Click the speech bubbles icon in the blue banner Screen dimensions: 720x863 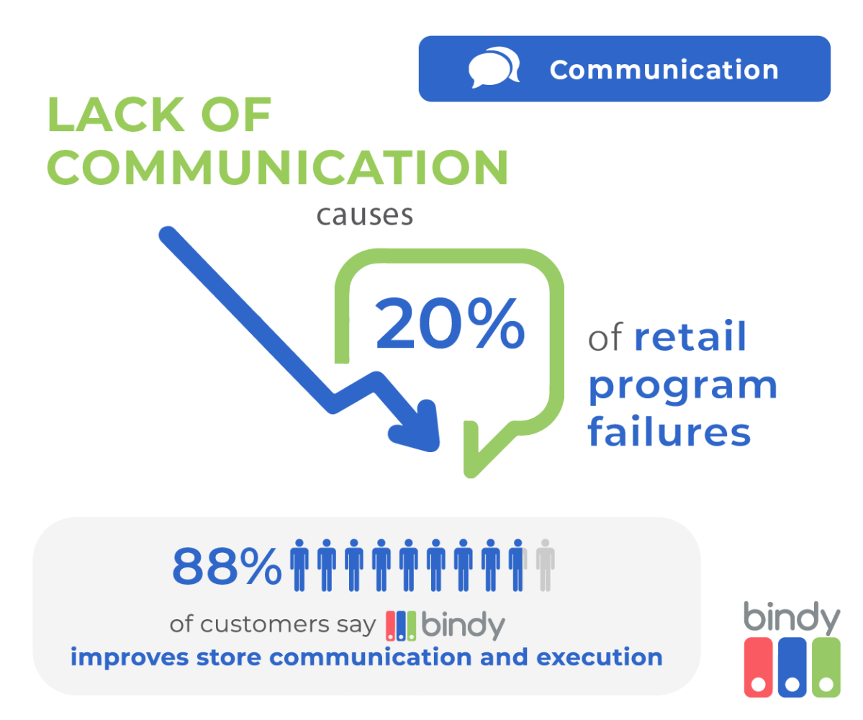click(x=494, y=69)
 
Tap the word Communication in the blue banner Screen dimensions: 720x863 click(x=664, y=70)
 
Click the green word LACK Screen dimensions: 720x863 click(x=159, y=114)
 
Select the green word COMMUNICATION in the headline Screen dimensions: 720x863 click(x=278, y=166)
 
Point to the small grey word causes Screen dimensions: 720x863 click(x=365, y=215)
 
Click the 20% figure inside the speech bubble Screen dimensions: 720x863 click(x=450, y=325)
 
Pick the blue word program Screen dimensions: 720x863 click(x=682, y=386)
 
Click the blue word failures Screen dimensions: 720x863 click(x=669, y=433)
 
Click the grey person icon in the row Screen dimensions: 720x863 click(x=545, y=564)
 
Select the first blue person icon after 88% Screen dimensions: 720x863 click(x=299, y=564)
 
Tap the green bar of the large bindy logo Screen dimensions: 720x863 click(x=825, y=667)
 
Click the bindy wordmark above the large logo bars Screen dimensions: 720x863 click(x=791, y=617)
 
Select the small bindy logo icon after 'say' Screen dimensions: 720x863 click(x=401, y=625)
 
